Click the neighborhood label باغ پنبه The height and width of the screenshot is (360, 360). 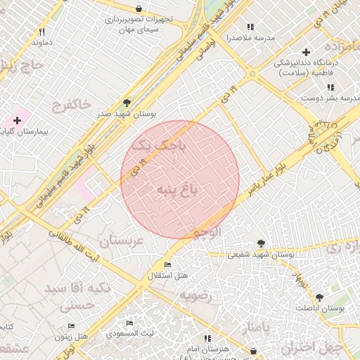coord(176,190)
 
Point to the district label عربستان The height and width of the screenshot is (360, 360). coord(121,240)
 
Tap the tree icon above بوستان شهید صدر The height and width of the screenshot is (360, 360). coord(127,102)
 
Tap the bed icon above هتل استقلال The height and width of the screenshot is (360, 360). coord(167,264)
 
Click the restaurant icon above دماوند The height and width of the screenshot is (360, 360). coord(42,32)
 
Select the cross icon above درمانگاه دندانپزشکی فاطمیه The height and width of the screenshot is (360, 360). coord(306,52)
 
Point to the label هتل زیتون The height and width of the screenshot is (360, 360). coord(72,337)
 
